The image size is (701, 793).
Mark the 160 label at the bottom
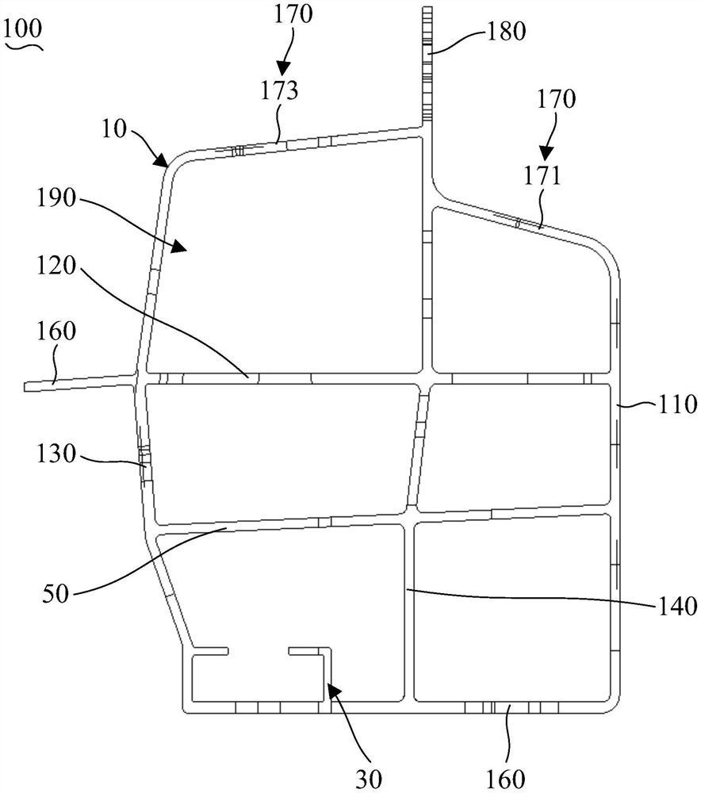[507, 775]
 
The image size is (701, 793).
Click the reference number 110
[677, 405]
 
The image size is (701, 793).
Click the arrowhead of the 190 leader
[184, 248]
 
